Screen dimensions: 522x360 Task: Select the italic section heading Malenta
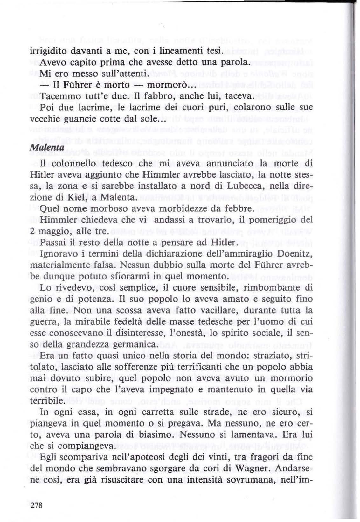click(47, 148)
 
